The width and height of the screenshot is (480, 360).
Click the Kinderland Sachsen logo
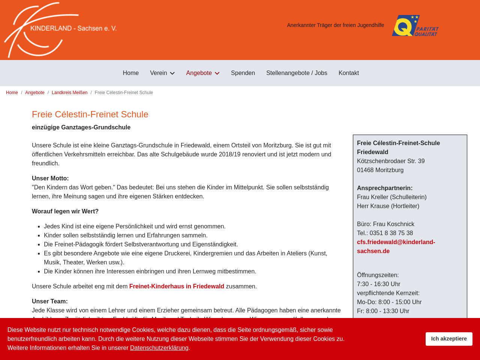click(60, 30)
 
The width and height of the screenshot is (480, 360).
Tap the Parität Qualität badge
click(415, 25)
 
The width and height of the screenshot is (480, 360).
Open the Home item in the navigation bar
click(130, 73)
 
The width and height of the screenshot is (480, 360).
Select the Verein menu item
click(159, 73)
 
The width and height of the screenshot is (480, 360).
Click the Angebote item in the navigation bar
click(199, 73)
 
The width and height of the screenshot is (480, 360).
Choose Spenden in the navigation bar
click(243, 73)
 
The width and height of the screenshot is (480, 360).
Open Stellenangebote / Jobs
click(297, 73)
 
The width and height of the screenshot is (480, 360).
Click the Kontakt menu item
click(348, 73)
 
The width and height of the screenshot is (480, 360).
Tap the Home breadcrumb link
click(12, 93)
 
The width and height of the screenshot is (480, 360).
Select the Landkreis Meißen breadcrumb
click(69, 93)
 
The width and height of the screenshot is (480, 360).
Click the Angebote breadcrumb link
click(35, 93)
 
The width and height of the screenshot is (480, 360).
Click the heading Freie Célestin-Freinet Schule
click(90, 114)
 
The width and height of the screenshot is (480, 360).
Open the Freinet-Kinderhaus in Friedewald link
click(177, 286)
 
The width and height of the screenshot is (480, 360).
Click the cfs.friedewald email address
click(396, 246)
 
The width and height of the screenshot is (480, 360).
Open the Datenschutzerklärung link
click(159, 348)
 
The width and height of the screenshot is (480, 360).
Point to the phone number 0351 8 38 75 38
click(391, 233)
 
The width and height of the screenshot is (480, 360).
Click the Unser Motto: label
click(50, 178)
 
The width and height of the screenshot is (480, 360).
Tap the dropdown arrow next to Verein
click(172, 73)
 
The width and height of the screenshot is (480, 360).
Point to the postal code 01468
click(365, 170)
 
